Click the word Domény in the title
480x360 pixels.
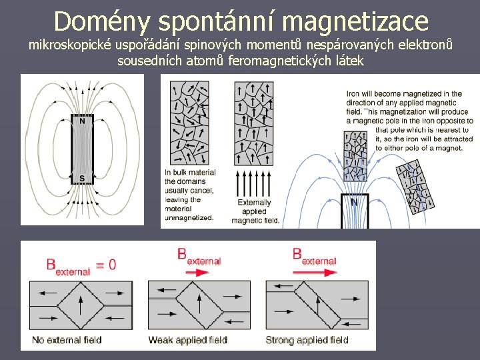click(94, 21)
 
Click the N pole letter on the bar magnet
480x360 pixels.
click(82, 122)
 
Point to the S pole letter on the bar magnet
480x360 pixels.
click(82, 178)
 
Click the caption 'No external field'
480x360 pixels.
click(67, 340)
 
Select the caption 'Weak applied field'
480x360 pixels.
click(187, 340)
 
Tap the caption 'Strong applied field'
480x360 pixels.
click(307, 340)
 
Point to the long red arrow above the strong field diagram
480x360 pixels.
click(313, 272)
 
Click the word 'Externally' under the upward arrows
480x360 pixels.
click(255, 203)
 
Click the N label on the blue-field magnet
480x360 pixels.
click(354, 203)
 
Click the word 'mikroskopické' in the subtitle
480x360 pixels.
click(70, 47)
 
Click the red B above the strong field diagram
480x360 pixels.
click(297, 254)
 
